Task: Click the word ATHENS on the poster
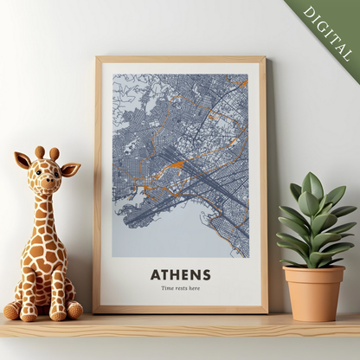(180, 274)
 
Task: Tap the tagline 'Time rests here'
(180, 288)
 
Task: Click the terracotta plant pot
(313, 292)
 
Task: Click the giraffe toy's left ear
(22, 160)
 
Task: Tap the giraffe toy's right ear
(70, 169)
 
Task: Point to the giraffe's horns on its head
(47, 153)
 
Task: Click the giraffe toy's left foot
(12, 311)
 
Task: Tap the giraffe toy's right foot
(75, 310)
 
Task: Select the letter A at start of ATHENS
(155, 274)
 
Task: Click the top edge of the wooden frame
(180, 60)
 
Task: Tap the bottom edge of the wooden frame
(180, 308)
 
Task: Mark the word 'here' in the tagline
(194, 288)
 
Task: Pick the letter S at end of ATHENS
(206, 274)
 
